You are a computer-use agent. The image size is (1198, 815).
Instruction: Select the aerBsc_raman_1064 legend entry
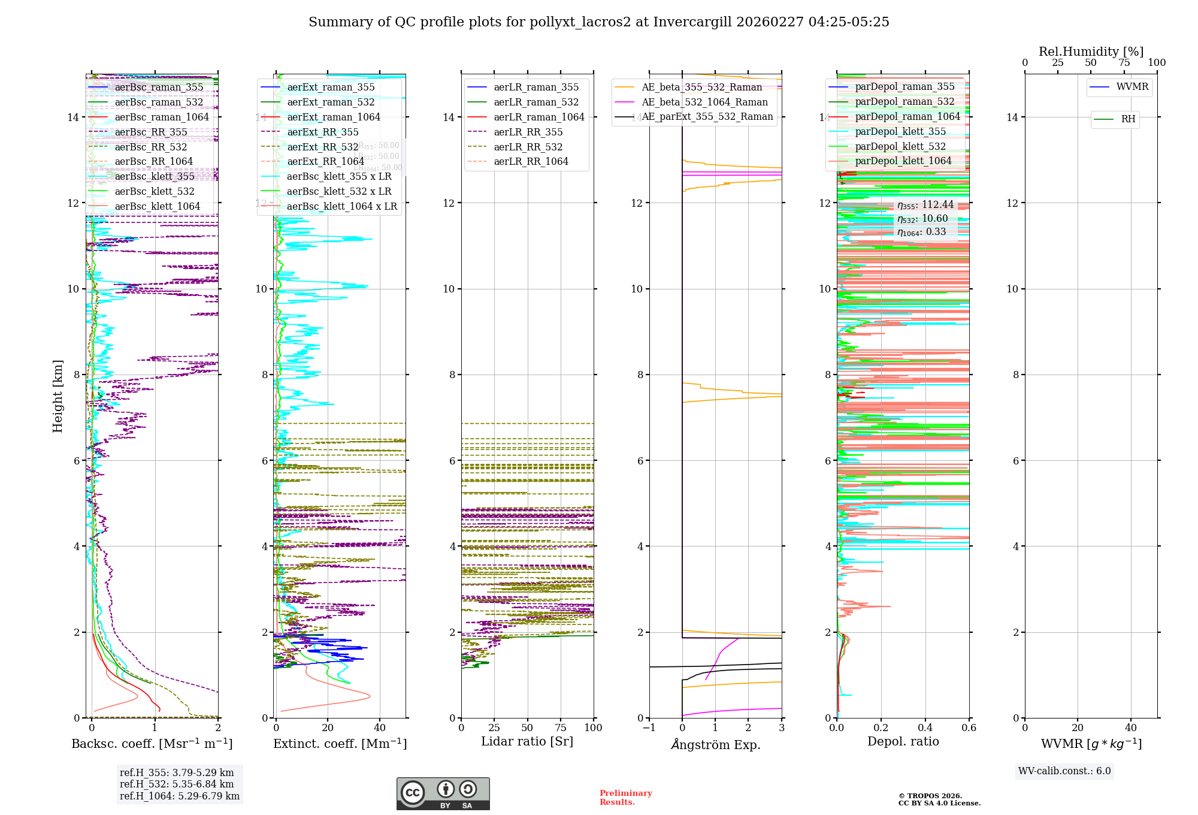[162, 117]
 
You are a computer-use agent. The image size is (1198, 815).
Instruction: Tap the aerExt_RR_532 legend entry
[323, 147]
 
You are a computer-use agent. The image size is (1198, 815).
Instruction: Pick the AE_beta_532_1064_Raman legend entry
[704, 102]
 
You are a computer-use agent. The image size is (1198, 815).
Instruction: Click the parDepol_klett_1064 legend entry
[903, 161]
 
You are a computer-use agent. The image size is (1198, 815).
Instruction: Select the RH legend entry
[1128, 119]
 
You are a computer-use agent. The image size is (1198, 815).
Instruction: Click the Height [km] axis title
[58, 396]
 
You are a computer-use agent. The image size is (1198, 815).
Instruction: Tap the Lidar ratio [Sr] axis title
[527, 742]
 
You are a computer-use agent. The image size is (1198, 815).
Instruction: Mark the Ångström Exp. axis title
[716, 745]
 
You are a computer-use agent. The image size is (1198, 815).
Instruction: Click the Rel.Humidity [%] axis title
[1091, 52]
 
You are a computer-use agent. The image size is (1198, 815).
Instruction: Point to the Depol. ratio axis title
[903, 742]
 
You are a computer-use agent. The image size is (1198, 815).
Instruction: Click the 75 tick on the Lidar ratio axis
[561, 728]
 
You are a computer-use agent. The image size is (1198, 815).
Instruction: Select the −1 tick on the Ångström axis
[649, 728]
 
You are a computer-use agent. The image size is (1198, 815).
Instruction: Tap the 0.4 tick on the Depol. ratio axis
[925, 728]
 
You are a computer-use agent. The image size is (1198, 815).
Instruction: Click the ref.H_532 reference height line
[177, 784]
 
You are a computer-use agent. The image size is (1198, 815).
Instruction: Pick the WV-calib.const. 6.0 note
[1064, 771]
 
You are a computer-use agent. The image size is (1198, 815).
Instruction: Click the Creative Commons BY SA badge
[443, 793]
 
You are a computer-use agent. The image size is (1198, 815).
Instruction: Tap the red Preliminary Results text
[625, 798]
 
